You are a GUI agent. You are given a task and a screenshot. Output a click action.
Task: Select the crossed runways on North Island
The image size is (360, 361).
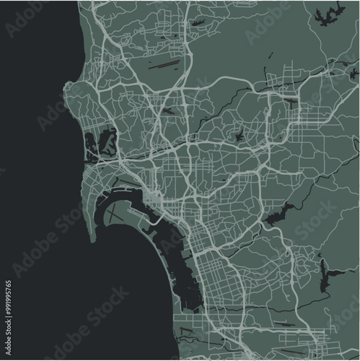[121, 214]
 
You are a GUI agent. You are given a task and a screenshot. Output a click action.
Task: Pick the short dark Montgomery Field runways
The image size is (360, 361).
[167, 110]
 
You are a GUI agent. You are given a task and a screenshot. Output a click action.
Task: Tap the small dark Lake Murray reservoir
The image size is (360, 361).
[238, 135]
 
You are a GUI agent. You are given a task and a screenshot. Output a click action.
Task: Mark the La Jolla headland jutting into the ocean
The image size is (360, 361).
[67, 90]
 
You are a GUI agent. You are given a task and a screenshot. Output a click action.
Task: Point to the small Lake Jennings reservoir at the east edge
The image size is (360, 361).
[353, 72]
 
